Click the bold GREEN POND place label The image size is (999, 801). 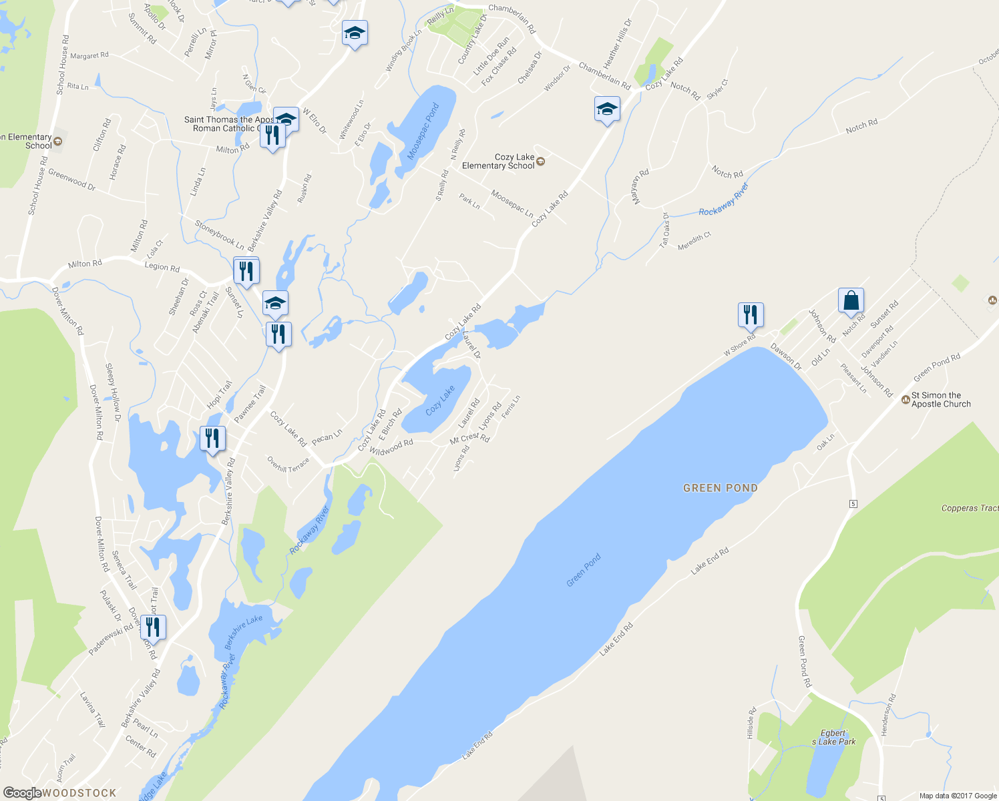point(720,488)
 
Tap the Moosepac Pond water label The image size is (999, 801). point(423,131)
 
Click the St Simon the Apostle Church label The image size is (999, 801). point(941,400)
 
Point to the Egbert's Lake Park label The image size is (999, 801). point(833,738)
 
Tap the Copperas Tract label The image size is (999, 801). point(969,508)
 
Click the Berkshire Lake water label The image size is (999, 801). point(244,631)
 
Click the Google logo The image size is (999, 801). point(22,793)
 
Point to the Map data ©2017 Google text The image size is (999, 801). point(958,796)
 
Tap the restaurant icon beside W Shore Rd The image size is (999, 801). point(751,314)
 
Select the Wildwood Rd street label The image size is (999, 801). point(391,447)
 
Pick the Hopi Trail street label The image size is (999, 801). point(219,394)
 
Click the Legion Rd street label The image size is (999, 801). point(162,267)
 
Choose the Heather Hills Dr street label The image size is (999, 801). point(617,43)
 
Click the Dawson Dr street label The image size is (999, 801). point(786,356)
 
